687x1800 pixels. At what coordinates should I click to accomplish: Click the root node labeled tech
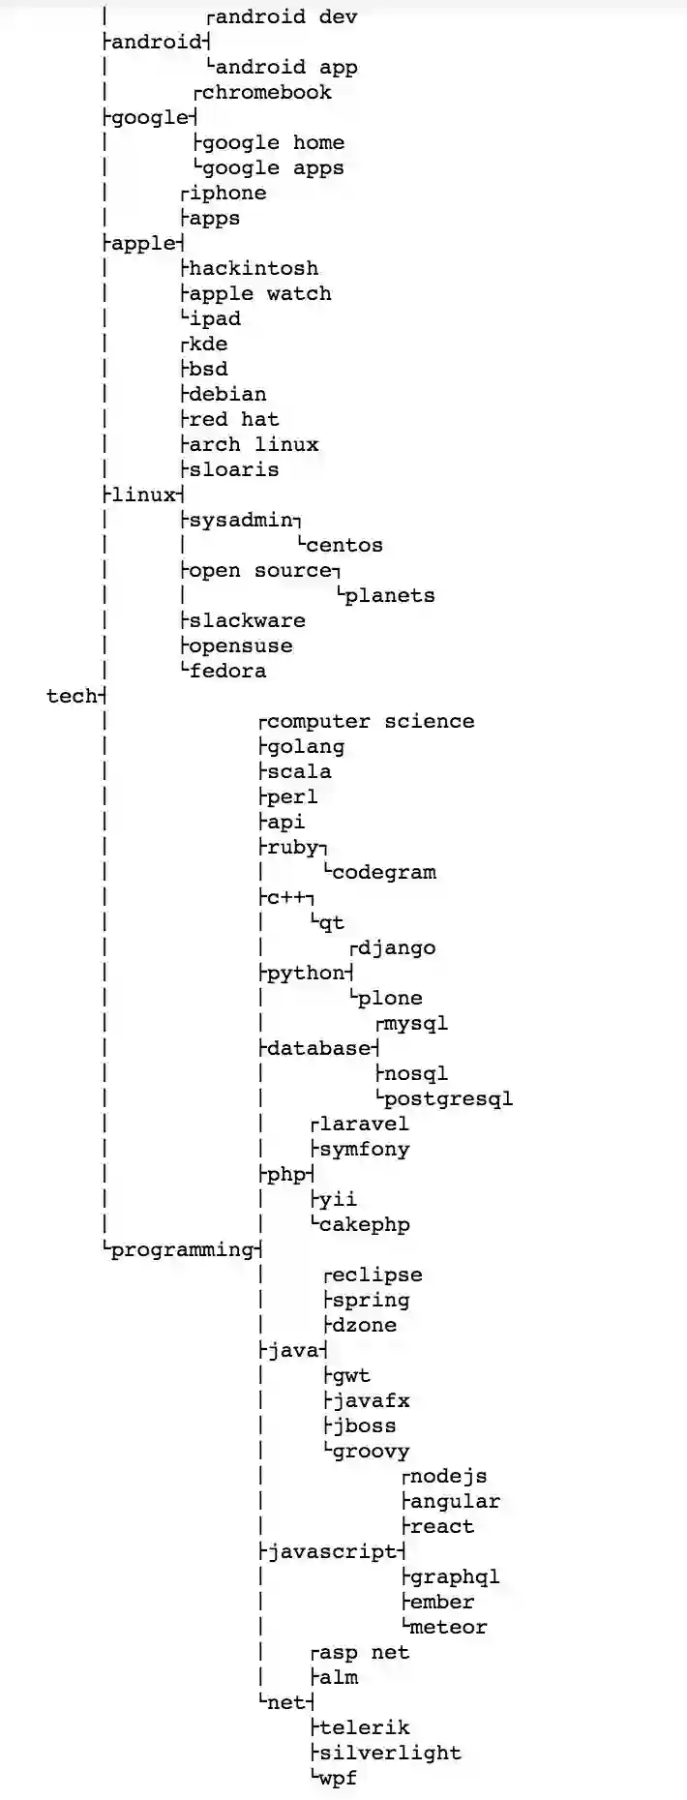[72, 696]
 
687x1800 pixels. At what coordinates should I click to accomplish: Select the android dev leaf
[286, 16]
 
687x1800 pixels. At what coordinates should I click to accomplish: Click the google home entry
[273, 142]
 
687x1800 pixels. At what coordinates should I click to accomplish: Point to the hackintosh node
[254, 268]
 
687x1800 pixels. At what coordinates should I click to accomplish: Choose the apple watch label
[260, 293]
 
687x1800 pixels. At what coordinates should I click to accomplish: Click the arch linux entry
[254, 444]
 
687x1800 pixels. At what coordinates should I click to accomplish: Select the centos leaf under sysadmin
[344, 545]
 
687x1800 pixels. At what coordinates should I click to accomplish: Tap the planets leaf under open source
[390, 595]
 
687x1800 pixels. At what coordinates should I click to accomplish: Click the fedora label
[227, 671]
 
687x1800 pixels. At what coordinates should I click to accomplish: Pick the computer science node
[371, 721]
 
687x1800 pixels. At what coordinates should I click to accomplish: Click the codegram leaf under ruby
[384, 872]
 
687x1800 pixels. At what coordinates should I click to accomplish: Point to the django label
[397, 947]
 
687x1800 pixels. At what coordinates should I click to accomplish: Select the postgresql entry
[448, 1098]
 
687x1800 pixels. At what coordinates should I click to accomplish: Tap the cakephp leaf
[364, 1224]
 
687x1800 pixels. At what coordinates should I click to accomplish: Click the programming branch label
[182, 1249]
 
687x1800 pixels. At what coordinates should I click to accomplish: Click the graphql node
[455, 1576]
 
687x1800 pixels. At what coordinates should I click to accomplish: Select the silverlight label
[390, 1753]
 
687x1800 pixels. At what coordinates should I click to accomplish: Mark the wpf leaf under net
[338, 1778]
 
